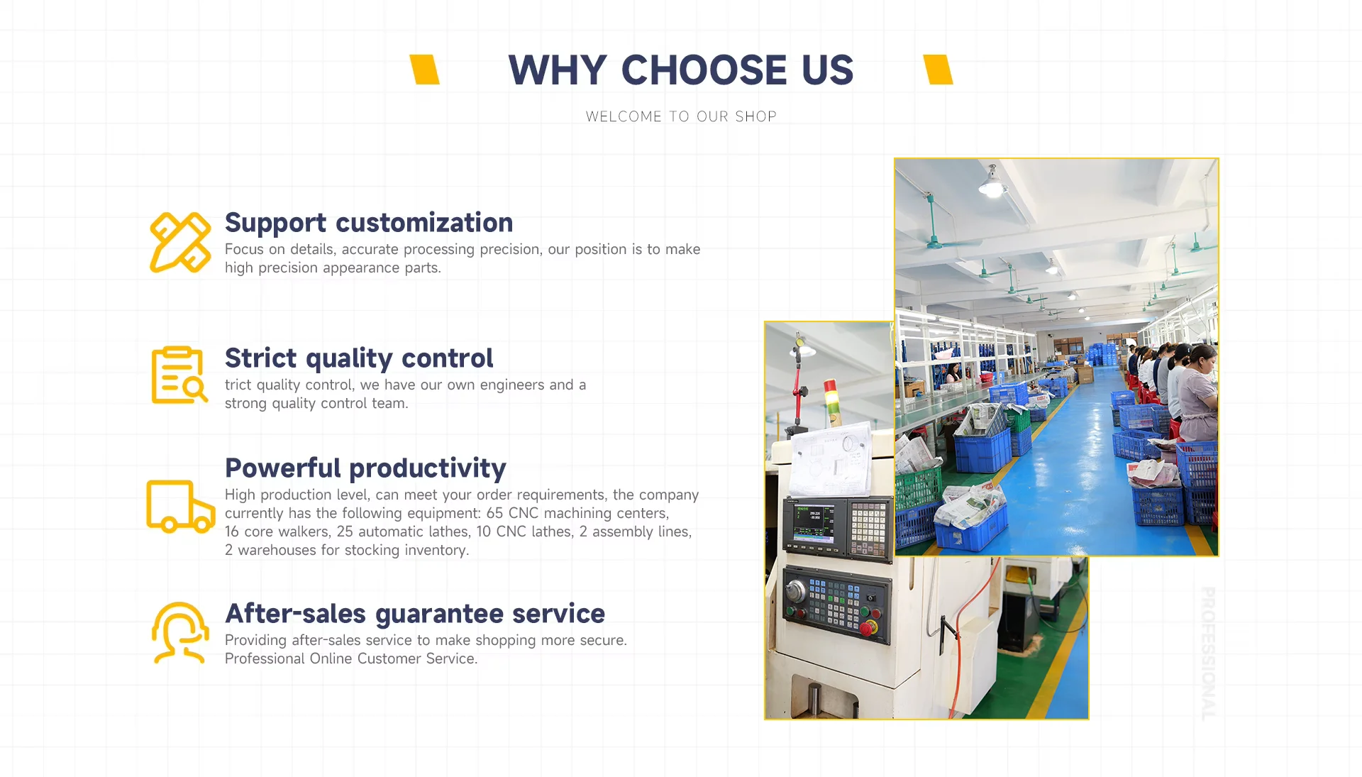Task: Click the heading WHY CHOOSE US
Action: click(681, 70)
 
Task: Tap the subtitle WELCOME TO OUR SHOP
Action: click(681, 116)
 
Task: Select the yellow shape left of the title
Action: click(424, 70)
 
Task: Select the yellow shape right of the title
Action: click(938, 70)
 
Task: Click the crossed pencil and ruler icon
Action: click(180, 243)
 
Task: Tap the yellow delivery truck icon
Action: click(180, 506)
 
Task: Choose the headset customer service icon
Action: click(180, 632)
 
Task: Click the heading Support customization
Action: click(369, 223)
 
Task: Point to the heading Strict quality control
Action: click(359, 358)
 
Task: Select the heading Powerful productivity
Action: click(365, 468)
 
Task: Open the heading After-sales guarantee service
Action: click(415, 614)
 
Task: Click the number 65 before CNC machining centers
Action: click(494, 513)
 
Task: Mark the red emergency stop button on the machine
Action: click(867, 628)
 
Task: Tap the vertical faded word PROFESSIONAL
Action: click(1208, 654)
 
